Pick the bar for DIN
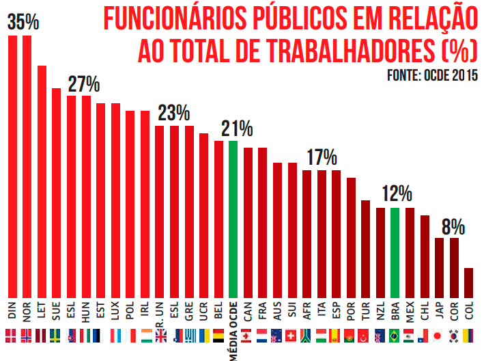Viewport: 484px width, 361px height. (12, 164)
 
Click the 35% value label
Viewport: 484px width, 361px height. (23, 22)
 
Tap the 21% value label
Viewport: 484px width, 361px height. (237, 129)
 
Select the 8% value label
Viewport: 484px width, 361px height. (453, 226)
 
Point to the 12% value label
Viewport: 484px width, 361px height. (397, 194)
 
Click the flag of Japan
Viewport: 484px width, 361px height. (439, 336)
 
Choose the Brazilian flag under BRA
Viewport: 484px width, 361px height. (395, 336)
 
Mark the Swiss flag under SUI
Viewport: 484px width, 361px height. (291, 336)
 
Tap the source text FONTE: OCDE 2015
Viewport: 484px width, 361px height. (431, 75)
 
